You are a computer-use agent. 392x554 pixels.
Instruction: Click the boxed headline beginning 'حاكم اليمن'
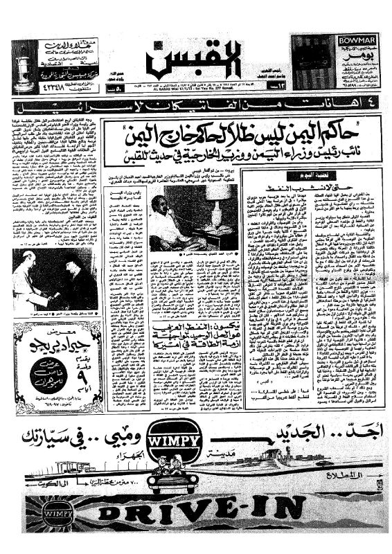(236, 129)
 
